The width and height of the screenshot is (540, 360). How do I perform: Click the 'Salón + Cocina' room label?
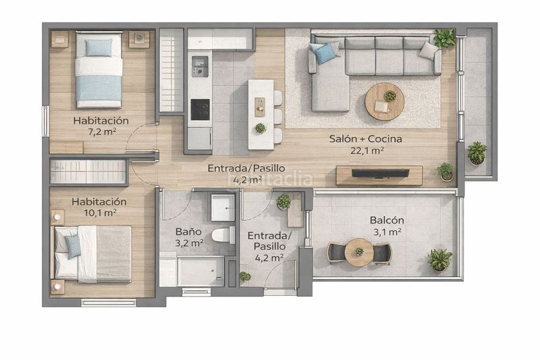(365, 139)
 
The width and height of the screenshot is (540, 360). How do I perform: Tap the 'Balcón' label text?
(387, 220)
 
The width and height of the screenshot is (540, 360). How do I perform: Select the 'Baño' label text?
(188, 232)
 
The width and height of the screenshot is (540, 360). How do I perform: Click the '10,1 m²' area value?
(100, 213)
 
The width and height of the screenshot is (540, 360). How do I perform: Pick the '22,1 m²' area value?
(367, 151)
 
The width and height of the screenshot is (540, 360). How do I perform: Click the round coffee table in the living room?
(385, 101)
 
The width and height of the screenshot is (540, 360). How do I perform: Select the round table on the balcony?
(359, 252)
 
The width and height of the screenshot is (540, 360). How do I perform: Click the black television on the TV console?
(380, 174)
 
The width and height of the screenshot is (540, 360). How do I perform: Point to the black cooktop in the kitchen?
(200, 109)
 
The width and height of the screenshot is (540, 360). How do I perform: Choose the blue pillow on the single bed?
(99, 47)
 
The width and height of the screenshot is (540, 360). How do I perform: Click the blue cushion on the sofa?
(324, 53)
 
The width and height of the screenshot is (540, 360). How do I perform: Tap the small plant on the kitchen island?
(261, 128)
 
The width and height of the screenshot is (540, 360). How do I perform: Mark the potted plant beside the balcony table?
(440, 260)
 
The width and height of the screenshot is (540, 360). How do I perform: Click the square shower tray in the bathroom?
(223, 208)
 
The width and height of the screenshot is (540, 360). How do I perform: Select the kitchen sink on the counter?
(200, 66)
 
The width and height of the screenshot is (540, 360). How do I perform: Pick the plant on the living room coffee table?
(390, 96)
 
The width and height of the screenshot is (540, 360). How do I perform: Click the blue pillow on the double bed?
(73, 247)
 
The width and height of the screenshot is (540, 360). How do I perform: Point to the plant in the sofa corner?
(445, 38)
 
